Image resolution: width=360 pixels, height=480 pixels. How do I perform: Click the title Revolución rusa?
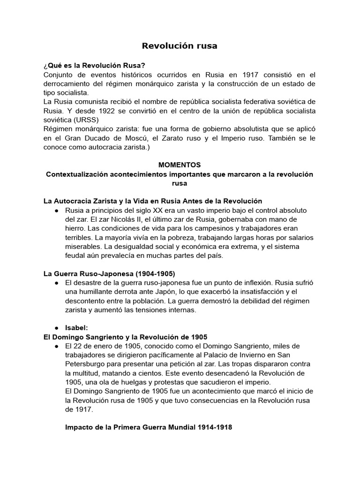click(x=180, y=46)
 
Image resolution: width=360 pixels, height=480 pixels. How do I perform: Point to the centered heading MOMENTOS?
click(x=180, y=165)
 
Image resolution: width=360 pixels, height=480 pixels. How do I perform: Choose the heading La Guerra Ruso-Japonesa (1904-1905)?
click(x=109, y=273)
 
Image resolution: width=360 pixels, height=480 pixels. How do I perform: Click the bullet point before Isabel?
click(x=56, y=328)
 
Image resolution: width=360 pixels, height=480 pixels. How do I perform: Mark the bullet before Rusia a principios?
click(x=56, y=210)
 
